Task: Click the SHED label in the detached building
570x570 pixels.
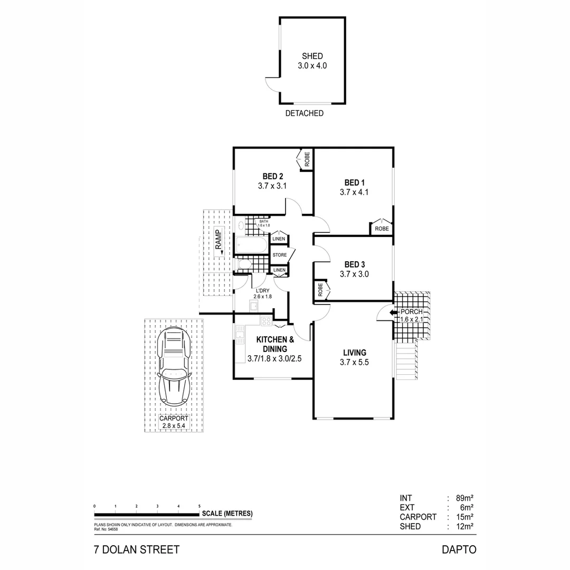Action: (312, 56)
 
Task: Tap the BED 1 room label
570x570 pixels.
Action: (354, 183)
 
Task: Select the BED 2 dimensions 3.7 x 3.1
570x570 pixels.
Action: (272, 186)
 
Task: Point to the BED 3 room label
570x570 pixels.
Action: (354, 264)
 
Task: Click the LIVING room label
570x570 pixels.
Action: (354, 353)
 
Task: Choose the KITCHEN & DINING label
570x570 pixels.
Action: (272, 344)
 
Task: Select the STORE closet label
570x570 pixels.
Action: (280, 255)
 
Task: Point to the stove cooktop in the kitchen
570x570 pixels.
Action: (265, 320)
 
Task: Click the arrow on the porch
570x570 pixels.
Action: (393, 312)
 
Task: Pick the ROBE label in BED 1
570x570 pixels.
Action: (381, 229)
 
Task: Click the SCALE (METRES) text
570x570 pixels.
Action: (227, 514)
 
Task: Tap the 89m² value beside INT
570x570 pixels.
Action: (464, 498)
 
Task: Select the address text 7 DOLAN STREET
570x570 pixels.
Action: (136, 549)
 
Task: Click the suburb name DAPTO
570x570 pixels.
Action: (459, 549)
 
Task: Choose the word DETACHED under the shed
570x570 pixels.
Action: (304, 113)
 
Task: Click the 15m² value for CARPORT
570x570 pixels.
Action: (464, 517)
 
